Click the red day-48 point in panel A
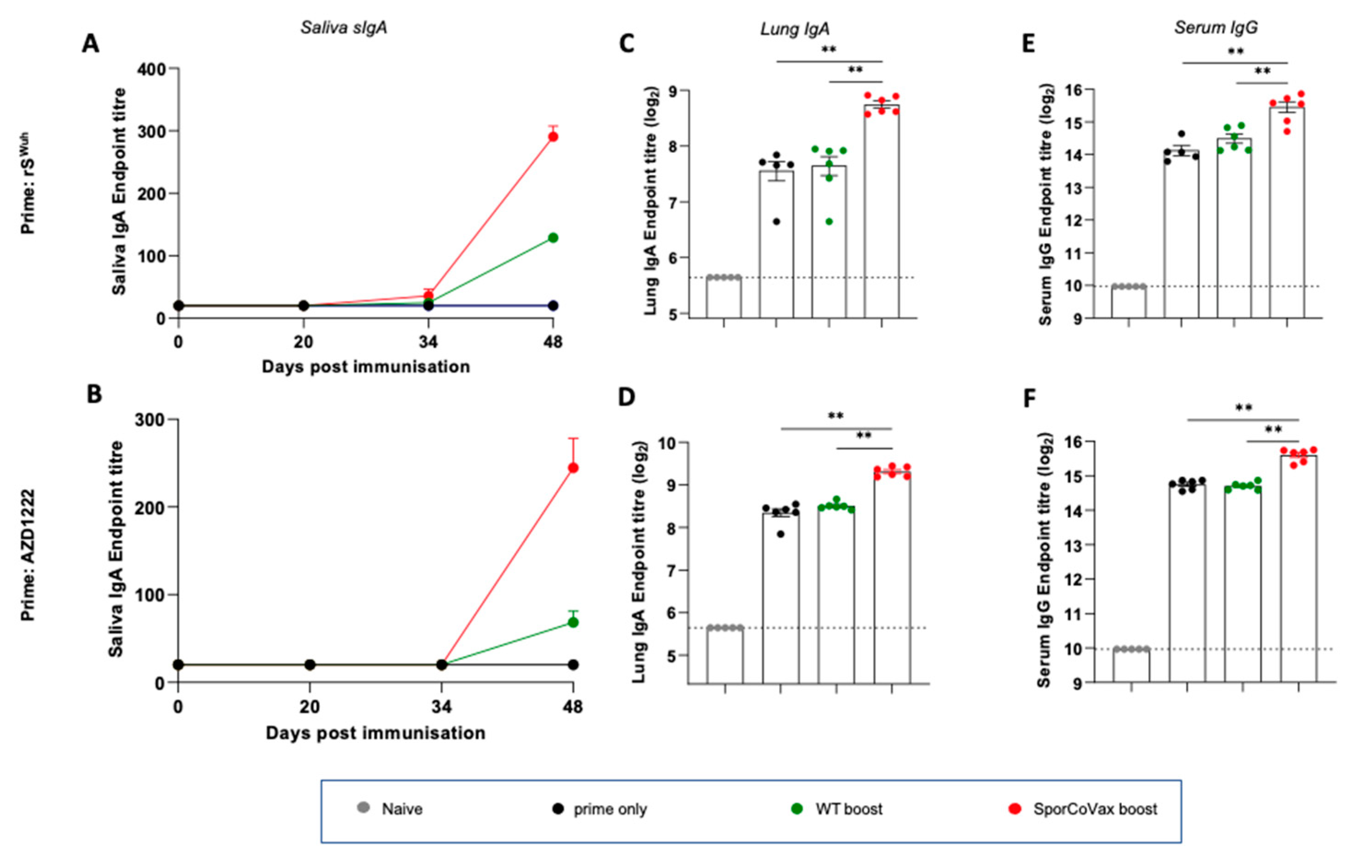[553, 136]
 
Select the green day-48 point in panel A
[553, 238]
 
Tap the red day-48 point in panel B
[573, 468]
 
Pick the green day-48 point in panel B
[573, 622]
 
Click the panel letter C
[626, 44]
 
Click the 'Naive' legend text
[402, 809]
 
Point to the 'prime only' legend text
[610, 809]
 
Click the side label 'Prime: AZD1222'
[28, 555]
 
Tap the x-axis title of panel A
[366, 367]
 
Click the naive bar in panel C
[724, 297]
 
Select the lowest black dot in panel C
[776, 221]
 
